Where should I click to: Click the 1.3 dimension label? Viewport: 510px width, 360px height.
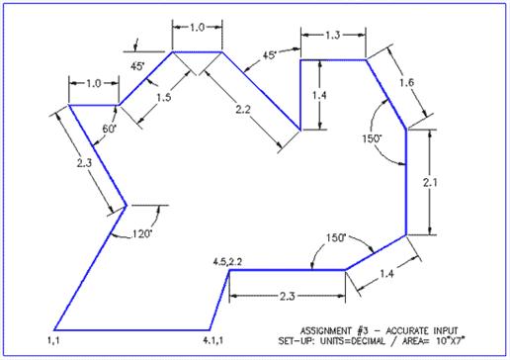coord(333,35)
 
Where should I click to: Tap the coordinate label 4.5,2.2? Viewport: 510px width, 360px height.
coord(227,261)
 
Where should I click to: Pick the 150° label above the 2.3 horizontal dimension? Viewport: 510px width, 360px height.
coord(339,237)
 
